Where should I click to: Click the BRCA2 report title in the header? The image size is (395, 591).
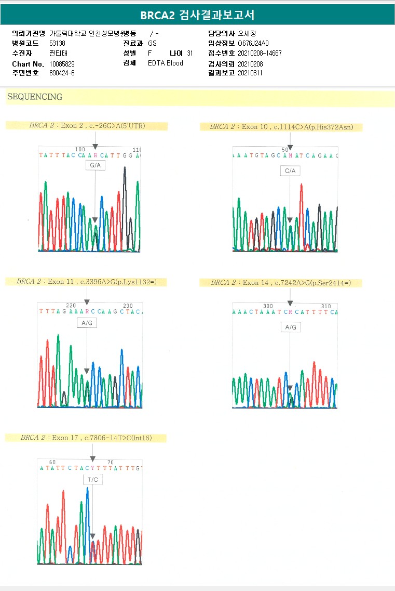coord(197,15)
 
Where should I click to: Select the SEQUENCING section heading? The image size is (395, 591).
coord(35,97)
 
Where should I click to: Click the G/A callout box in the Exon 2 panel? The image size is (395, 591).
coord(96,165)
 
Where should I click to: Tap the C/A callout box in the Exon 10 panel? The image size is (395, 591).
coord(290,170)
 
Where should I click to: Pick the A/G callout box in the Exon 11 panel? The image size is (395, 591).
coord(87,323)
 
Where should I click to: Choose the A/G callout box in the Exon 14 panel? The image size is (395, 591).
coord(291,327)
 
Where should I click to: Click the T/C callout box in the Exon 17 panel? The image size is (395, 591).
coord(92,480)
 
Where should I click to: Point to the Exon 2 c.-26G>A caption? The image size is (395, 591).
coord(86,126)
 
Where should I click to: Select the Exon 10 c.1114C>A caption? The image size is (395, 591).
coord(281,127)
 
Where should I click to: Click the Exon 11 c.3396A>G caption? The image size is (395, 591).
coord(86,282)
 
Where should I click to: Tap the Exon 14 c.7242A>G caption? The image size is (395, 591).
coord(281,283)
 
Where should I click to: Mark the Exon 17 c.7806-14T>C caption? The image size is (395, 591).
coord(86,438)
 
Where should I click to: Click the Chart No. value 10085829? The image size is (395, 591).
coord(62,63)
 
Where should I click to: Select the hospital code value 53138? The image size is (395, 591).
coord(58,44)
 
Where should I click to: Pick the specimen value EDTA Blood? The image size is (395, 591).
coord(166,63)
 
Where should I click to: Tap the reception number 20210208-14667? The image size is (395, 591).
coord(260,54)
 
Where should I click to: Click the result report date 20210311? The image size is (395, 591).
coord(250,73)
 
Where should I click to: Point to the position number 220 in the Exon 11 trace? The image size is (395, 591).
coord(71,306)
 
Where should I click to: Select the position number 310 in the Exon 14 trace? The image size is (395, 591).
coord(326,306)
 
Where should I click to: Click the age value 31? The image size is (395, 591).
coord(190,54)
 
